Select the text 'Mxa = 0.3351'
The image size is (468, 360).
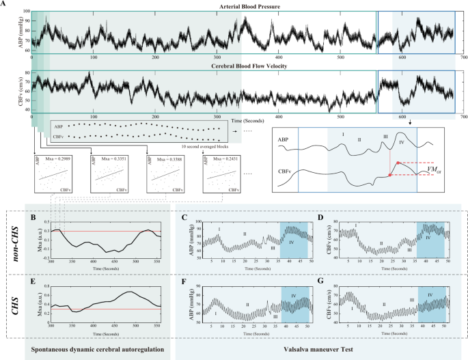coord(111,158)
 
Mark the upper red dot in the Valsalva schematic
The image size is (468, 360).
coord(398,162)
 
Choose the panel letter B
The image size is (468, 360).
coord(33,218)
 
